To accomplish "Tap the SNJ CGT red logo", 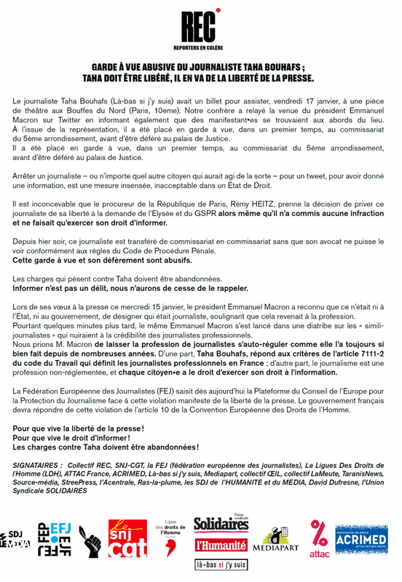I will click(127, 542).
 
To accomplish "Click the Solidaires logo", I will click(221, 525).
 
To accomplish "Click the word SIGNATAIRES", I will click(38, 463).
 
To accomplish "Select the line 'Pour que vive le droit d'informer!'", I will click(72, 437).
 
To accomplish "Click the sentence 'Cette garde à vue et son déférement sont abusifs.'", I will click(103, 260).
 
